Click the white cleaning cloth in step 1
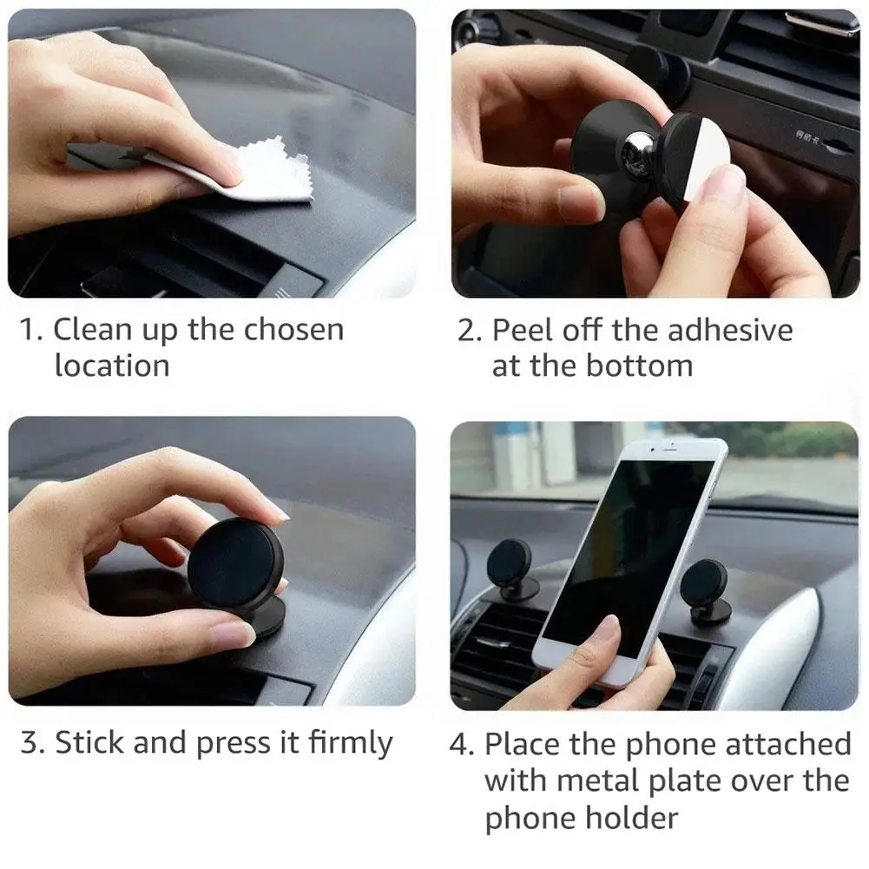(260, 172)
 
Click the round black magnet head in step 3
(235, 563)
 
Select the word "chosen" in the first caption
(293, 329)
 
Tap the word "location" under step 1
(112, 365)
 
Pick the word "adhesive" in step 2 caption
(730, 330)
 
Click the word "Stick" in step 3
(90, 742)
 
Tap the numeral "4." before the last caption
(462, 744)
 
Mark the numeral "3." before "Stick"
(32, 742)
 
